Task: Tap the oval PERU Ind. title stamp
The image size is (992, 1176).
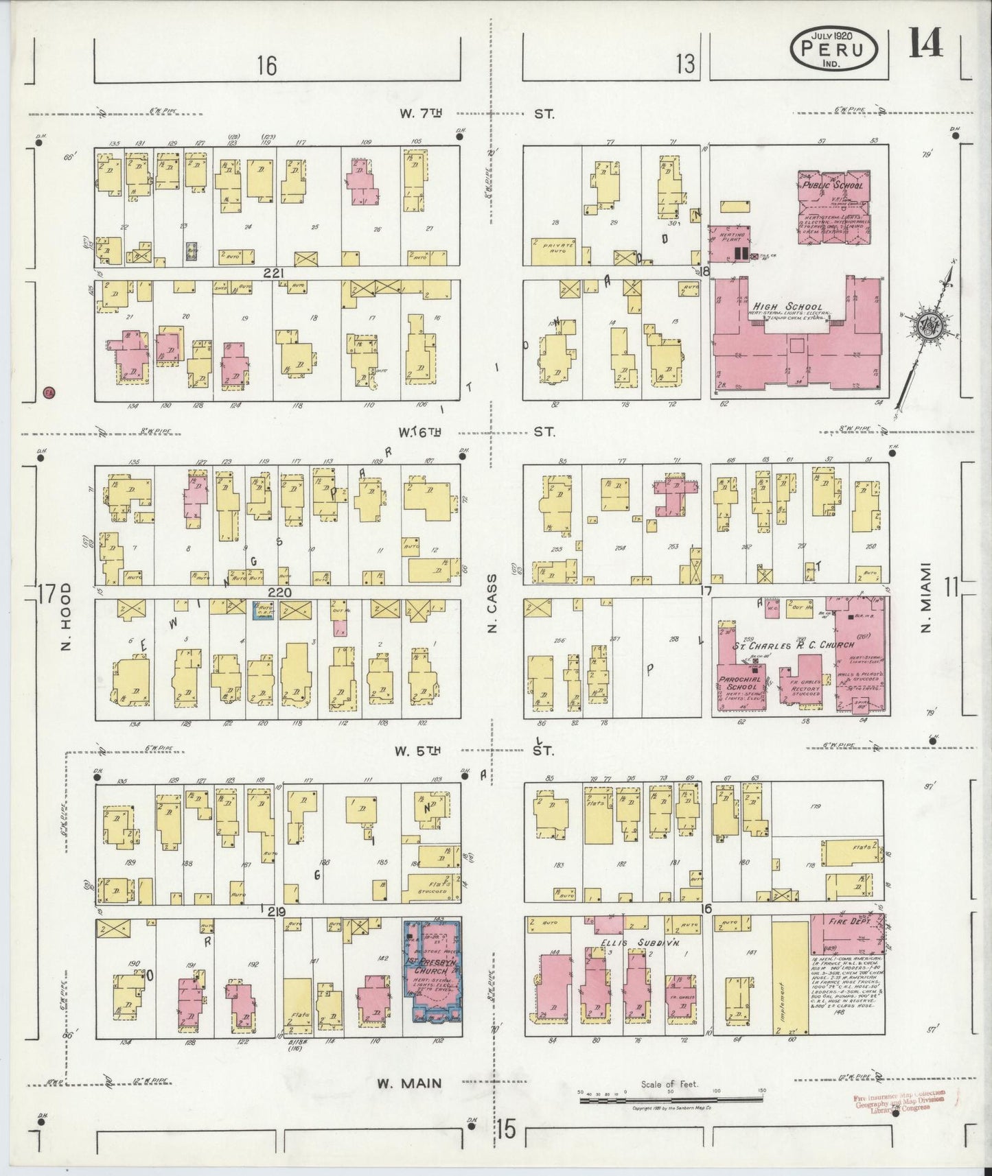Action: (835, 49)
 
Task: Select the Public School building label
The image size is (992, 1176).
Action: (831, 185)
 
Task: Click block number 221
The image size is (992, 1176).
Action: (276, 273)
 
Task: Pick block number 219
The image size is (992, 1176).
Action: (276, 911)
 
